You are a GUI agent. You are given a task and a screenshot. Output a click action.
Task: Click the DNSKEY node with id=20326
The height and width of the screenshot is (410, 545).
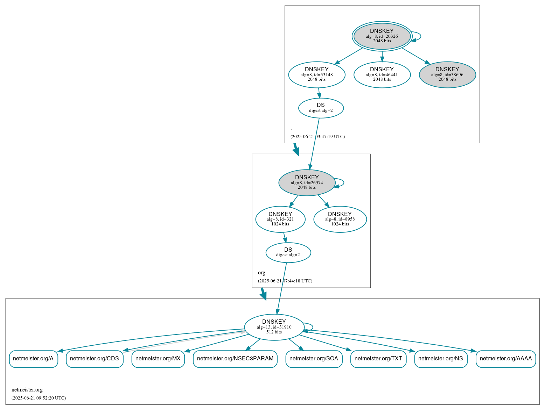[382, 36]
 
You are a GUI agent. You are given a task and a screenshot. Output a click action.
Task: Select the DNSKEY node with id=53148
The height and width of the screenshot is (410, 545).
[317, 74]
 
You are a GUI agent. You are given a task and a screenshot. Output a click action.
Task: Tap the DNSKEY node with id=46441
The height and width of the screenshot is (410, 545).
[382, 74]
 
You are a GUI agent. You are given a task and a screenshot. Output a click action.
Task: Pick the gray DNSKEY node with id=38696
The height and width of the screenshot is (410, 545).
[447, 74]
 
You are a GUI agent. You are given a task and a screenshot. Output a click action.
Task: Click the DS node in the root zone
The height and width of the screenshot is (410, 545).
[321, 108]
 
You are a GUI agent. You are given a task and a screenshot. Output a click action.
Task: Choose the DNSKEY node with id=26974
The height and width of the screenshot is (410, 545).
[307, 182]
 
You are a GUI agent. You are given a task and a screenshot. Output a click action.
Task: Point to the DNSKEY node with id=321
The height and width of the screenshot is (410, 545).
[280, 219]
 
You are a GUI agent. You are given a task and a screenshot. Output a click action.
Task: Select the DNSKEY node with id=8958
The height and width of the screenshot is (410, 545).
[340, 219]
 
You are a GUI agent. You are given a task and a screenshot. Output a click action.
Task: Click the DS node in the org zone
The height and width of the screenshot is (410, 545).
[288, 252]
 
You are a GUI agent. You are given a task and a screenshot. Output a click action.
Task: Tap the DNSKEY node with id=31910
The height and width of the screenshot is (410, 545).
[274, 327]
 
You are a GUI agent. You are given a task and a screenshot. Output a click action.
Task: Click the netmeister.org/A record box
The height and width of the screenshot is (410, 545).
[33, 359]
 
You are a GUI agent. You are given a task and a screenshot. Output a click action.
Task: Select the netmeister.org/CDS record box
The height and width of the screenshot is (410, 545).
[95, 359]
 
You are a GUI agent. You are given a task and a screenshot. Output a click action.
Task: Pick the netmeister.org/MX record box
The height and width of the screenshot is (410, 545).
[158, 359]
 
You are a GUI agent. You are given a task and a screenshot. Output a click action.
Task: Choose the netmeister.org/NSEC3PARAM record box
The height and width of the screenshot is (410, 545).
[235, 359]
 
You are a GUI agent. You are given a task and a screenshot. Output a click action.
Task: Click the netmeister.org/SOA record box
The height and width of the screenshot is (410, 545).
[314, 359]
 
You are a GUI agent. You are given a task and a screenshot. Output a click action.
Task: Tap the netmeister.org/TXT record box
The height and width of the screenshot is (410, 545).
[378, 359]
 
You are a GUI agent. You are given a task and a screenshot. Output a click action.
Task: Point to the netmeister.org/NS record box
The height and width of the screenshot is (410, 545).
[441, 359]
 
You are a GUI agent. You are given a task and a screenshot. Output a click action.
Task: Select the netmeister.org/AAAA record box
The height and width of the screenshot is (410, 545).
[505, 359]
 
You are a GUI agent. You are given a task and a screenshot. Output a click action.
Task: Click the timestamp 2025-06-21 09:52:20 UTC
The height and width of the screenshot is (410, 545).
[39, 398]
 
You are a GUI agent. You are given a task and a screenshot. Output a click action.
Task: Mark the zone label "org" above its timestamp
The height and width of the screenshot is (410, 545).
[261, 273]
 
